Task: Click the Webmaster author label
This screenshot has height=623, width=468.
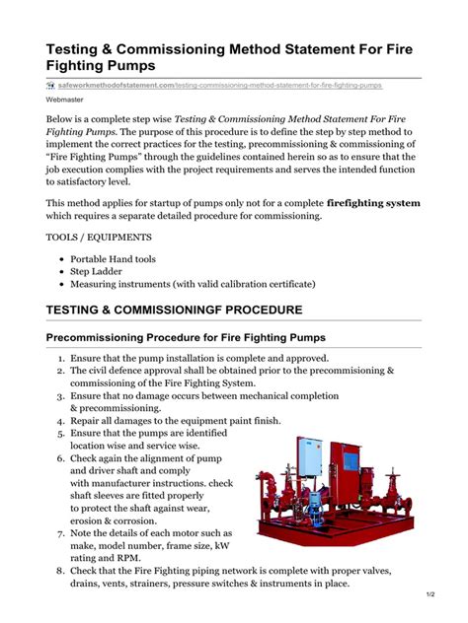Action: point(66,101)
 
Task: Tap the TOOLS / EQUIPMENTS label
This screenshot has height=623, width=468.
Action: point(99,238)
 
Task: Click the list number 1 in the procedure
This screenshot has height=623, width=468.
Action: point(60,359)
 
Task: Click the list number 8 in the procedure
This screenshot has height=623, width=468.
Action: point(60,572)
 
